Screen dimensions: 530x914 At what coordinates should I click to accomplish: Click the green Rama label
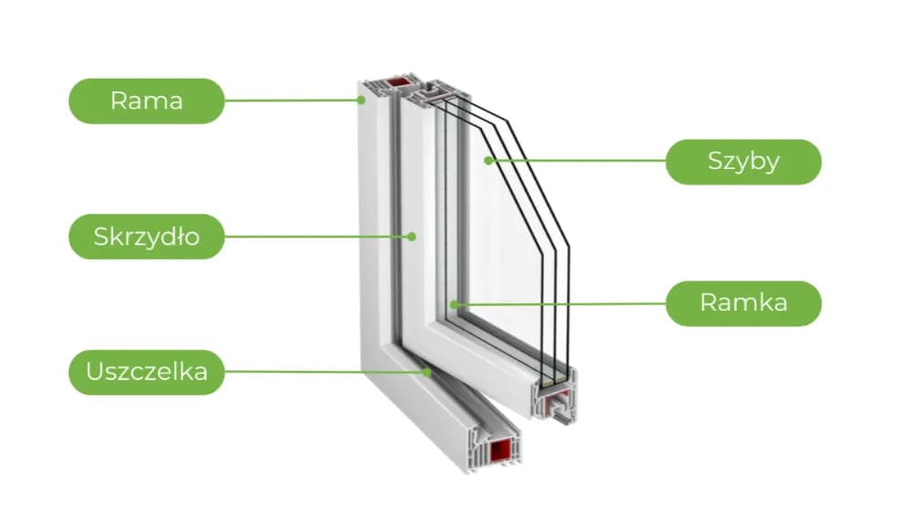(x=146, y=101)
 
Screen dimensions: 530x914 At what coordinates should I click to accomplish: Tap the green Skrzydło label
(x=146, y=238)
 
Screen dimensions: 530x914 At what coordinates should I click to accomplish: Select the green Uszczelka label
(x=146, y=372)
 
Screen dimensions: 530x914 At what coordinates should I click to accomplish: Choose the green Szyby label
(x=743, y=162)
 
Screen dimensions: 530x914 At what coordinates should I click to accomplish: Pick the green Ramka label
(x=743, y=303)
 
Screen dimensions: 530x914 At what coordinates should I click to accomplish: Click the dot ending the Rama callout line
(x=362, y=101)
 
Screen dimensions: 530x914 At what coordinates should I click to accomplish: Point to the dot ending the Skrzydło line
(x=412, y=237)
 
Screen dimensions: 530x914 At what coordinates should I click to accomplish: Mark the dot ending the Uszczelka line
(x=427, y=372)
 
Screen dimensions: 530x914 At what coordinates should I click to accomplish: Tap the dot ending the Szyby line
(x=489, y=161)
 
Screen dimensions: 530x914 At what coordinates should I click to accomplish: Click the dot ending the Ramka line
(x=453, y=303)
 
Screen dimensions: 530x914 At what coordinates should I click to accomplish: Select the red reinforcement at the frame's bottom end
(x=500, y=450)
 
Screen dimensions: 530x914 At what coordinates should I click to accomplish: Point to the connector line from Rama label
(x=292, y=101)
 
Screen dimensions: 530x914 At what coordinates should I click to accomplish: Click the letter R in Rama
(x=118, y=101)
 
